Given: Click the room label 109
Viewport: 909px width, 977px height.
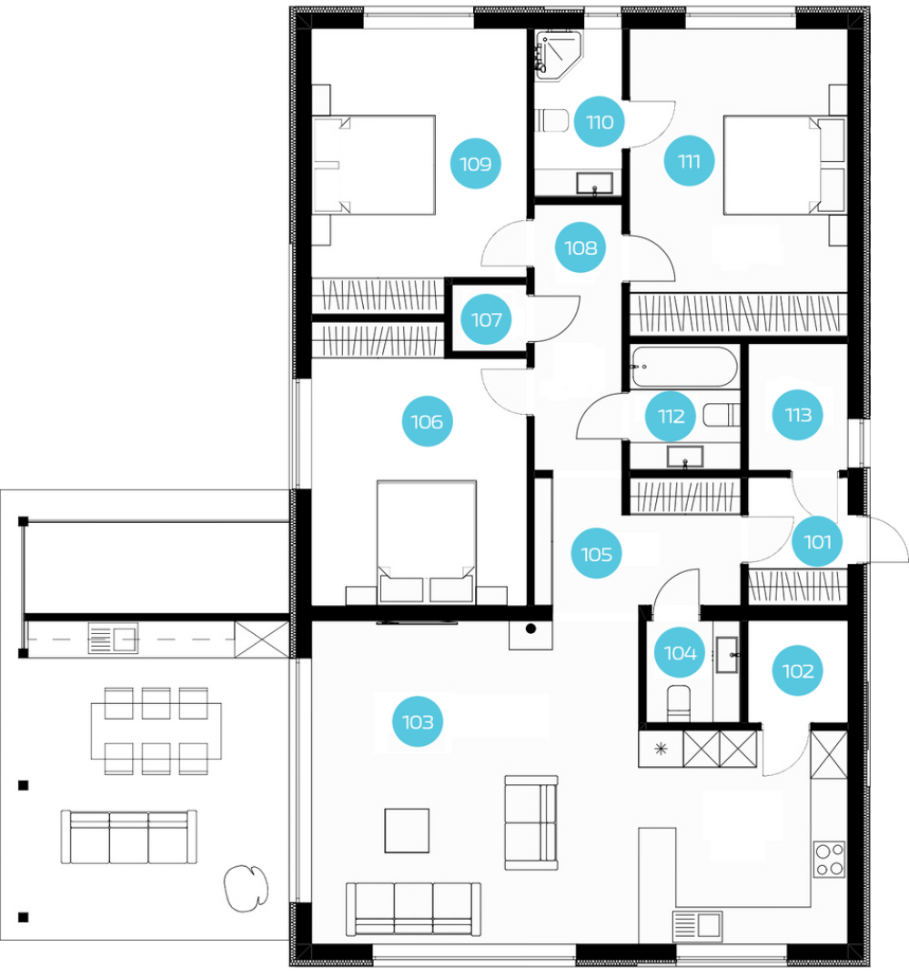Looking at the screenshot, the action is click(475, 164).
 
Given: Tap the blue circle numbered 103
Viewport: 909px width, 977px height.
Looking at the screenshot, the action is click(418, 722).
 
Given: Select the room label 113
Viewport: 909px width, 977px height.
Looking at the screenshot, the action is click(797, 415).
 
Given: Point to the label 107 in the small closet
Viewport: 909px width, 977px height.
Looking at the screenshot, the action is click(486, 319).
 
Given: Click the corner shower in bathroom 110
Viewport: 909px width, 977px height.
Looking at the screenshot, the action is click(559, 55).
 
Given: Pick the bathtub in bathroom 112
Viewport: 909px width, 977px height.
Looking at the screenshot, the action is click(683, 367).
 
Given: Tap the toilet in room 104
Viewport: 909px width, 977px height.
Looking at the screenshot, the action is click(679, 703).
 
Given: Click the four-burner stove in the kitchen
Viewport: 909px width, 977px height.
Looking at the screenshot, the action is click(829, 860).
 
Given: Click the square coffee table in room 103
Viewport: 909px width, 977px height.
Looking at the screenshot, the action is click(407, 831).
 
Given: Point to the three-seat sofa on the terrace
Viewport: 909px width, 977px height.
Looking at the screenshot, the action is click(129, 837).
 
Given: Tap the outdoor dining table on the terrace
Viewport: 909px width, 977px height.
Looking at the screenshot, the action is click(156, 730).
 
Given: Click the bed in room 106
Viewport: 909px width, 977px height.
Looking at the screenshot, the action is click(427, 542).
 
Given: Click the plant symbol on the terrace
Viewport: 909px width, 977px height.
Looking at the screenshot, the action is click(246, 888).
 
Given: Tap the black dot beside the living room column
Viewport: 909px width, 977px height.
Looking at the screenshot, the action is click(530, 629).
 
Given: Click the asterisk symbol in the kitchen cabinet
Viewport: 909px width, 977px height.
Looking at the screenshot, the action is click(661, 749).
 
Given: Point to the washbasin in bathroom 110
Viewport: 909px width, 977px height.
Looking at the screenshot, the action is click(594, 184).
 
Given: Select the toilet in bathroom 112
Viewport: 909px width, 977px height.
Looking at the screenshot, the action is click(722, 415).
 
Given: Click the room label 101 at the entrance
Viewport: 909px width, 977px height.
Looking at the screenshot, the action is click(817, 541).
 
